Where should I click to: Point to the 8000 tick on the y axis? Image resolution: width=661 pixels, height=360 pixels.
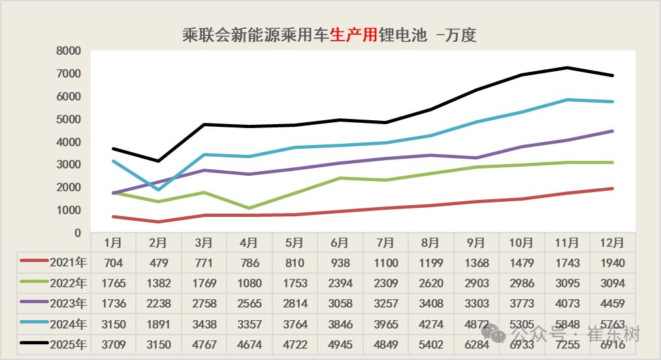(x=68, y=51)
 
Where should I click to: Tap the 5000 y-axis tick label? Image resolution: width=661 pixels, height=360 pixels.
(x=68, y=120)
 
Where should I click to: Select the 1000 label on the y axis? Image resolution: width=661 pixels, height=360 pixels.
(x=68, y=210)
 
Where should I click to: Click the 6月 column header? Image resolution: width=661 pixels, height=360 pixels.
(x=340, y=242)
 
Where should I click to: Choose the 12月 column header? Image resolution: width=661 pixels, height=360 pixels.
(x=611, y=242)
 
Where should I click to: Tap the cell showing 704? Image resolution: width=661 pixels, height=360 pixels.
(x=114, y=263)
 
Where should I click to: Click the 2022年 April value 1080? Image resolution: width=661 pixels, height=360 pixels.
(x=249, y=284)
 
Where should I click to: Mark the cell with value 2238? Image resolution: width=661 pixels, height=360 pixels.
(x=159, y=304)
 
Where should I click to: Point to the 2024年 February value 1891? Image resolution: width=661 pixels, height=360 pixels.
(x=159, y=324)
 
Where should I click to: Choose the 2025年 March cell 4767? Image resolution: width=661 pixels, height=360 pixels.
(x=204, y=344)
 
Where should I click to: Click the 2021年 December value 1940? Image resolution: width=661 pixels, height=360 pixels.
(x=611, y=263)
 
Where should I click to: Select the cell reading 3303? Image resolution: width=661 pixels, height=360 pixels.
(x=476, y=304)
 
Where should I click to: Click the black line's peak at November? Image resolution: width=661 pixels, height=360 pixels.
(x=566, y=68)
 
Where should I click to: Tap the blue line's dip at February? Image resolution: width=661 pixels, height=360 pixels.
(x=159, y=189)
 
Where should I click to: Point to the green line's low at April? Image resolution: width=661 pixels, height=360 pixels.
(x=249, y=208)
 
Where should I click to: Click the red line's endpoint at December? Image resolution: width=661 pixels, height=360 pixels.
(x=611, y=189)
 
